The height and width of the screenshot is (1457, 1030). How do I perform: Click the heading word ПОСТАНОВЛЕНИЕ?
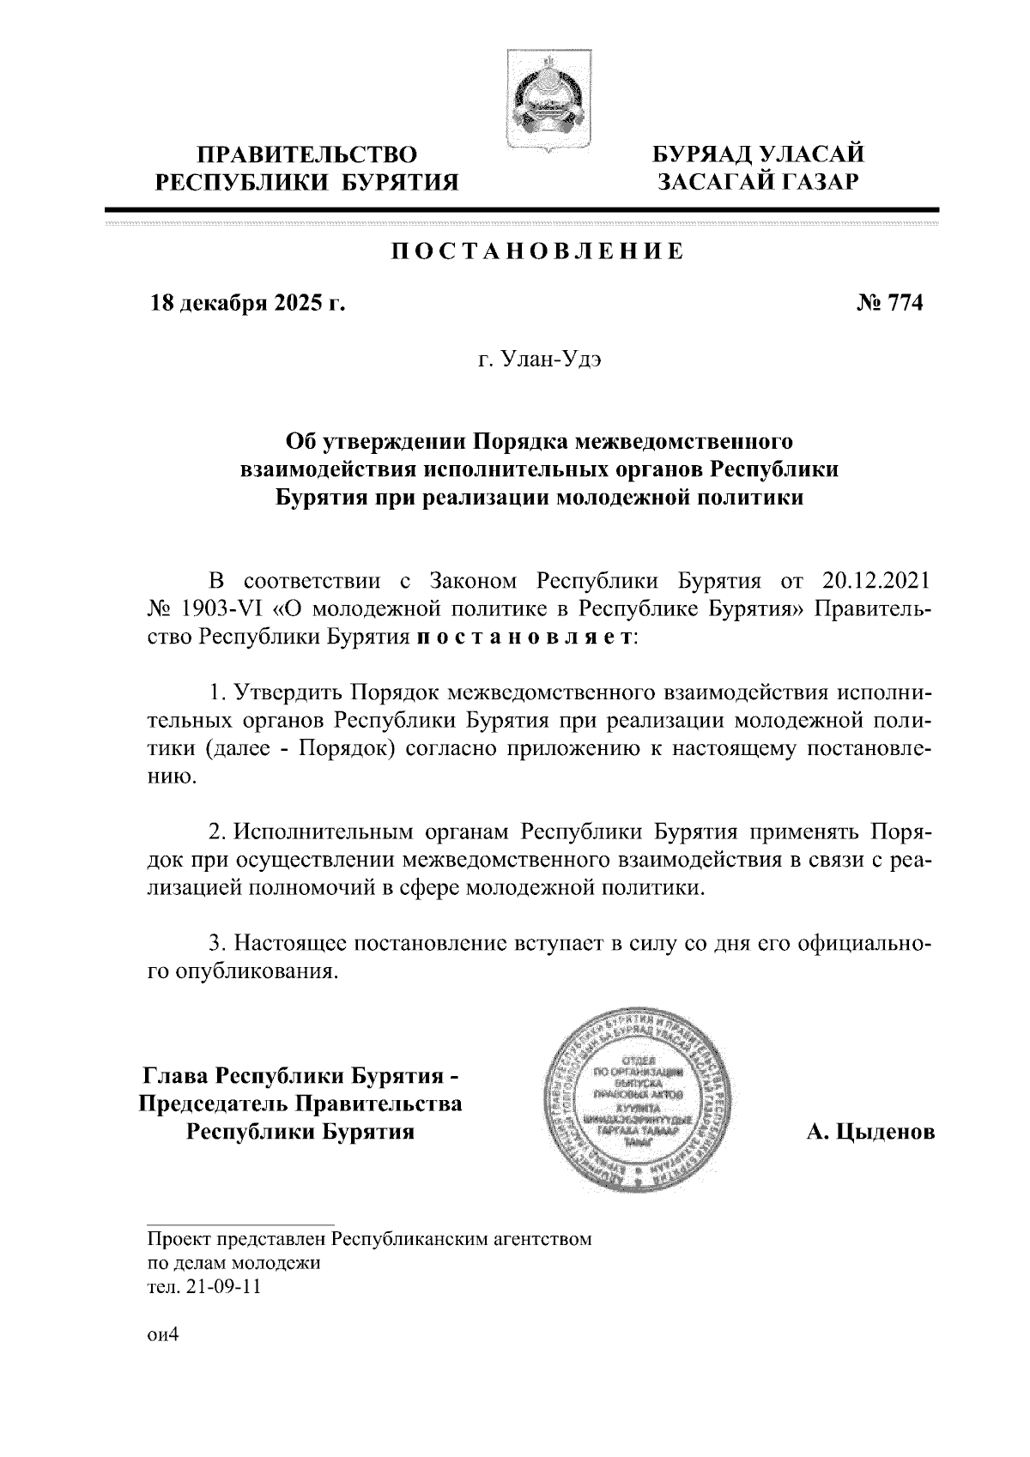click(x=538, y=251)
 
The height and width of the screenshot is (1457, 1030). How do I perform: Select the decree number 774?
click(x=898, y=303)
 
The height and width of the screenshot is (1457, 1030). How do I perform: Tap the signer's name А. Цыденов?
click(x=869, y=1134)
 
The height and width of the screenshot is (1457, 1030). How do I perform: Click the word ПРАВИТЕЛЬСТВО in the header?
click(x=308, y=155)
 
